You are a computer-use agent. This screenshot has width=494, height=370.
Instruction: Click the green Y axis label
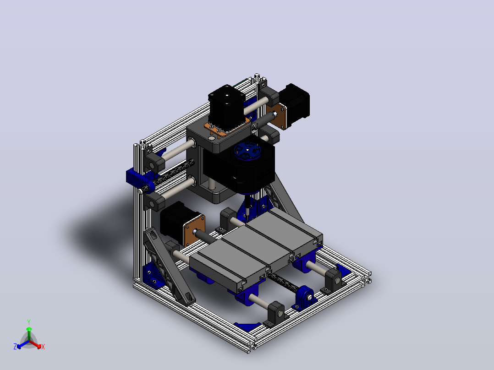(29, 322)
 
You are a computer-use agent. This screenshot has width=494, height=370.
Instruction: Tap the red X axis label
(43, 347)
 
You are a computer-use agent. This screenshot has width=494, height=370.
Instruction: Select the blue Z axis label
(15, 346)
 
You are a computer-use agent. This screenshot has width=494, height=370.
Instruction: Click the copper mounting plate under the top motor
(227, 128)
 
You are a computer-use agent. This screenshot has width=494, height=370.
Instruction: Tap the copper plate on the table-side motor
(194, 230)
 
